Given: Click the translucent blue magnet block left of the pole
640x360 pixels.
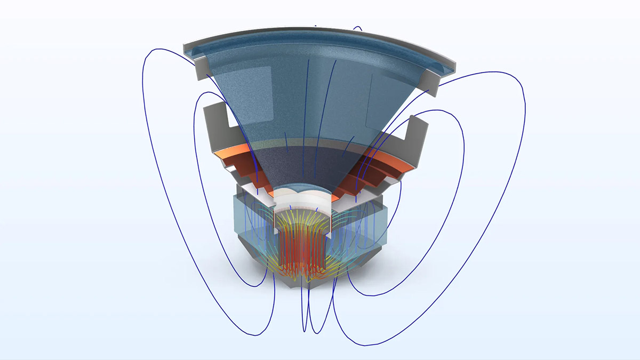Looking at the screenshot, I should tap(251, 224).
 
